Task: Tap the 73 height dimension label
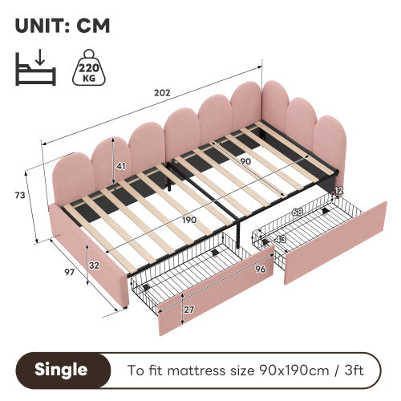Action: [19, 195]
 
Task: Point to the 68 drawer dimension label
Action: [299, 212]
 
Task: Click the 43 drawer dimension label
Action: [280, 238]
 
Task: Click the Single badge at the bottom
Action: [61, 371]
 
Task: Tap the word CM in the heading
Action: [93, 25]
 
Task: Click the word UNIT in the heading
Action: [41, 25]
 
